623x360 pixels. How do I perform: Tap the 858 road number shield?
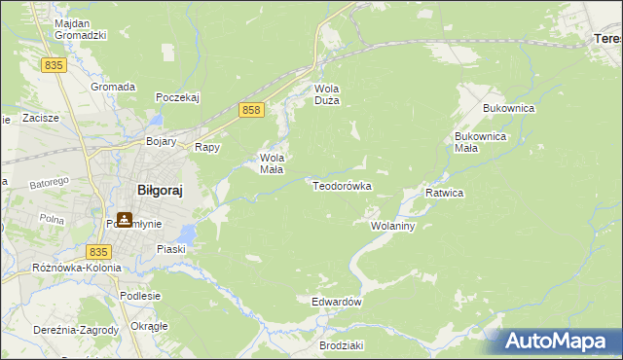point(251,111)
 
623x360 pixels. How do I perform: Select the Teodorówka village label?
point(342,185)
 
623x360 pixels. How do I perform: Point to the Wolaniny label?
point(393,226)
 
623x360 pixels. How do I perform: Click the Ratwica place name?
point(444,193)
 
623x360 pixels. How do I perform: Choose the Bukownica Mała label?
point(480,142)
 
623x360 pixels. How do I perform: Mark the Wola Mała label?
point(271,162)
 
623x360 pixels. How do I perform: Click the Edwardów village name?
point(337,302)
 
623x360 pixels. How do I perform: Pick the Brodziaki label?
point(341,345)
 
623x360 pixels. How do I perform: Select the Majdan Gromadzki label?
point(80,27)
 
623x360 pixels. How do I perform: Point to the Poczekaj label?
point(177,97)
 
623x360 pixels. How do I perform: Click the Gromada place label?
point(113,86)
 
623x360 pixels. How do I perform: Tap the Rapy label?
point(207,148)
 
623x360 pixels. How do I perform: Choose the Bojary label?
point(161,141)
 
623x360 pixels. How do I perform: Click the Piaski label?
point(171,249)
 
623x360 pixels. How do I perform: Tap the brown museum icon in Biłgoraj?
point(124,220)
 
